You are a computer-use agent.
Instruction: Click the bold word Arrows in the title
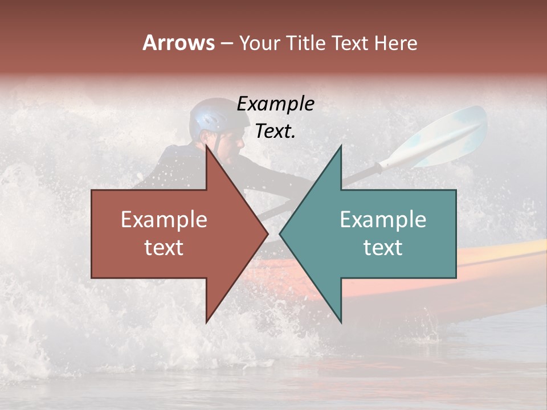coord(179,43)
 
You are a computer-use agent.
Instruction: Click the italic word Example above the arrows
coord(275,104)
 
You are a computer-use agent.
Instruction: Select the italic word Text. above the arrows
coord(275,132)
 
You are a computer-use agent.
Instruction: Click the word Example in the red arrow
coord(164,220)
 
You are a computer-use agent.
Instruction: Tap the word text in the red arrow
coord(164,248)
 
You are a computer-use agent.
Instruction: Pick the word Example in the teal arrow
coord(383,220)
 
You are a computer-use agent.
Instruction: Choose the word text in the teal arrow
coord(383,248)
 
